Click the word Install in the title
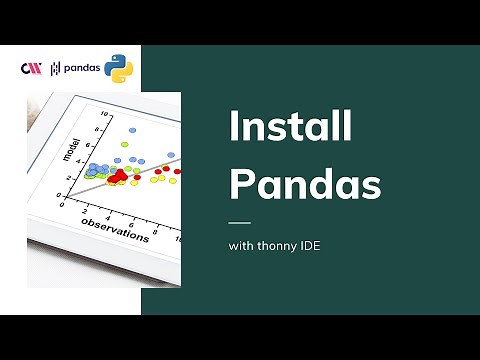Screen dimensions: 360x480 [290, 128]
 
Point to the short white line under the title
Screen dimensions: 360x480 [240, 222]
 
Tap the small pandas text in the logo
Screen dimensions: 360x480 [81, 68]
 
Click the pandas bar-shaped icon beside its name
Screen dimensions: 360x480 [55, 68]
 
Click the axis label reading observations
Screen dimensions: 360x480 [114, 229]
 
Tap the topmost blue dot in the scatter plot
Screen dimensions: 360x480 [137, 130]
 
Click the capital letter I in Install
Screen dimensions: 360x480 [234, 128]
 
